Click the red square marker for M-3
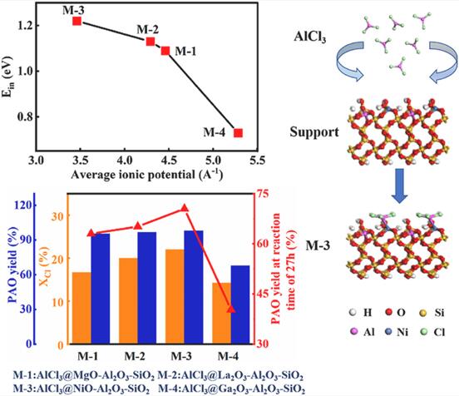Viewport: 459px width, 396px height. [x=77, y=21]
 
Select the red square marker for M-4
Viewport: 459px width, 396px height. [x=239, y=133]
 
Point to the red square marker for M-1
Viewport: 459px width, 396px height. [x=165, y=51]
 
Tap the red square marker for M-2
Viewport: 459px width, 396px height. [x=151, y=42]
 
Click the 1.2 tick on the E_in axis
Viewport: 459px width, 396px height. [x=24, y=26]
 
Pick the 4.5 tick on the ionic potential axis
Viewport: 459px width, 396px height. [x=169, y=161]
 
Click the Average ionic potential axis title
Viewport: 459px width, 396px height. [x=147, y=175]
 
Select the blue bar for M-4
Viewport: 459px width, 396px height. [x=240, y=304]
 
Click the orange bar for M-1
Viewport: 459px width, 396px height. [x=81, y=308]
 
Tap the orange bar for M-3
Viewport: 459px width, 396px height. [x=175, y=296]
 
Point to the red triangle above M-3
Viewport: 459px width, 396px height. [x=184, y=208]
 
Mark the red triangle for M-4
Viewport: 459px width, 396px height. [x=231, y=309]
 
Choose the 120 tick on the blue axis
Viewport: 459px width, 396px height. [x=23, y=205]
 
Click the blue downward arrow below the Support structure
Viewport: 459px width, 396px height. [x=400, y=186]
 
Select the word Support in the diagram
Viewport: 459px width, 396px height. [x=314, y=132]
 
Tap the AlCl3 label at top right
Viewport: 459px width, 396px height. [x=310, y=37]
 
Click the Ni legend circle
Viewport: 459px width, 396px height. [x=389, y=332]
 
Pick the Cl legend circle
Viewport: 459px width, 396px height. [x=423, y=332]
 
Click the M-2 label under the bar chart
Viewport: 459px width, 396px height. [x=135, y=356]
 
